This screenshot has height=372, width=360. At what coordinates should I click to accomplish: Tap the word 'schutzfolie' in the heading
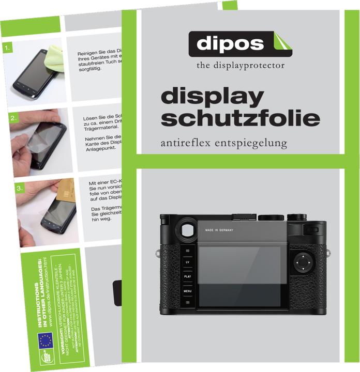[240, 118]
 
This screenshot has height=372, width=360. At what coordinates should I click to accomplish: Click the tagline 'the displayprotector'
[241, 66]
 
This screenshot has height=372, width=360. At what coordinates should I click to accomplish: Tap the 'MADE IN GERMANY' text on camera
[219, 230]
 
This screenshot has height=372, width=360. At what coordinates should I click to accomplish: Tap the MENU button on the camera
[187, 291]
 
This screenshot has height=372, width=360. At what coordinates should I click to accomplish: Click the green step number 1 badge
[7, 49]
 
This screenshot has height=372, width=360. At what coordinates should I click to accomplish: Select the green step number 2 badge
[14, 119]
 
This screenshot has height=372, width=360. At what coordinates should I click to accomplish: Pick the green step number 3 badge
[20, 189]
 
